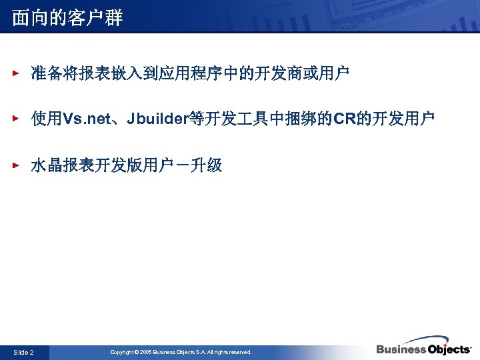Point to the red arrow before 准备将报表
tap(18, 73)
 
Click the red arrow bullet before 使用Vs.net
tap(18, 119)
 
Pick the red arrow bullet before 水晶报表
tap(18, 165)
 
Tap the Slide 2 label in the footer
tap(23, 352)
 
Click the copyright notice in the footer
tap(181, 352)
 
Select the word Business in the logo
tap(401, 349)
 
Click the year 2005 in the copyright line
tap(146, 352)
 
